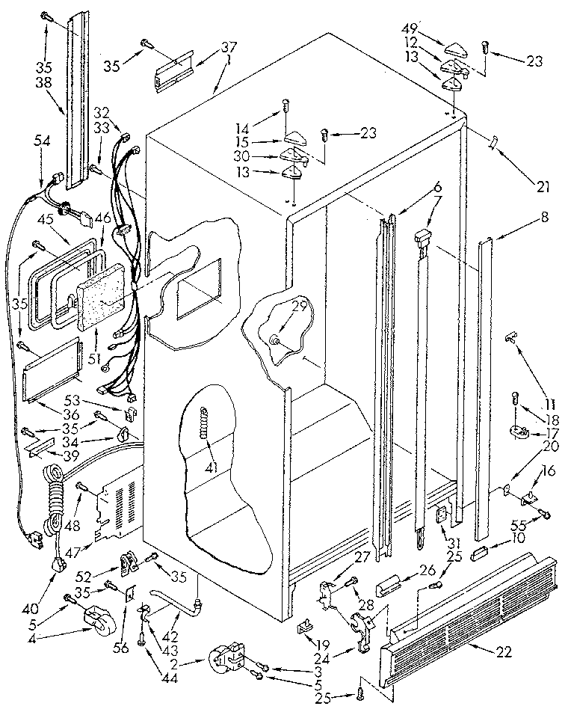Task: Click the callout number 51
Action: point(94,357)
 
